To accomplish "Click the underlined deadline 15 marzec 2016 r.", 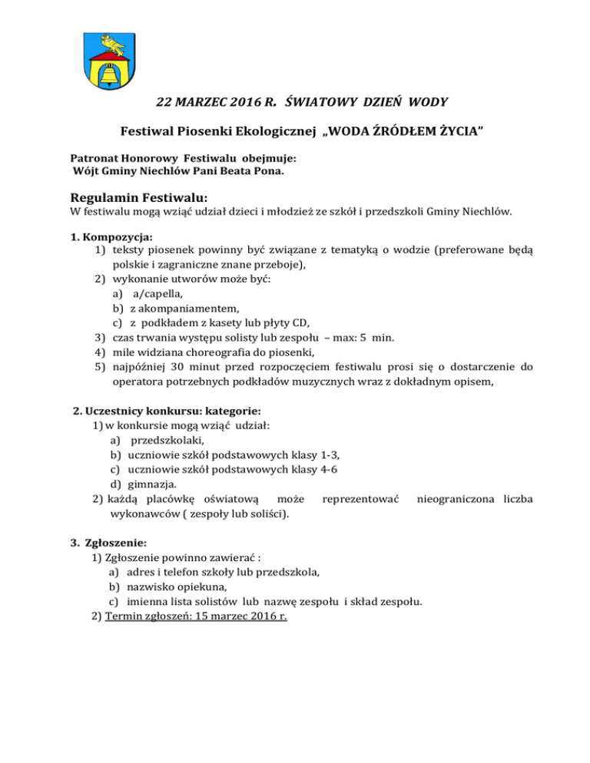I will coord(227,616).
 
